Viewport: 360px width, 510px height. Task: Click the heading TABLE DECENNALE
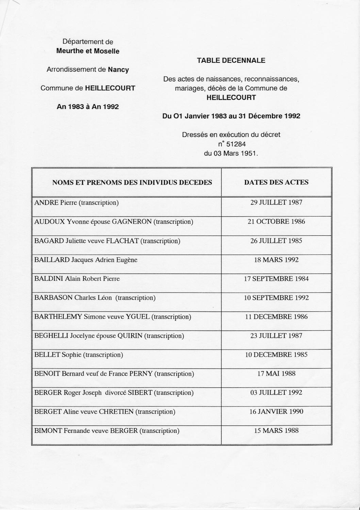pyautogui.click(x=231, y=61)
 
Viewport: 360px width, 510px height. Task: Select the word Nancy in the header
pyautogui.click(x=118, y=70)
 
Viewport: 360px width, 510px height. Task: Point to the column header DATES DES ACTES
pyautogui.click(x=276, y=182)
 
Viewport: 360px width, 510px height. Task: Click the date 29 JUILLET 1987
pyautogui.click(x=276, y=203)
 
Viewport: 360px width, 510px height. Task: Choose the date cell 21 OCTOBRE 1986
pyautogui.click(x=276, y=222)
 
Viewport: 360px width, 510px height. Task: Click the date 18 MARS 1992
pyautogui.click(x=276, y=260)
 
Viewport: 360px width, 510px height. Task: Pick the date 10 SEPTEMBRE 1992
pyautogui.click(x=276, y=298)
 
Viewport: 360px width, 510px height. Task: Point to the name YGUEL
pyautogui.click(x=138, y=317)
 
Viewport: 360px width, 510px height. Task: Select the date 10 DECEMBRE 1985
pyautogui.click(x=276, y=355)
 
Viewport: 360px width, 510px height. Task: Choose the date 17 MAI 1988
pyautogui.click(x=276, y=374)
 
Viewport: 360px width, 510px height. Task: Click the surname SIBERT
pyautogui.click(x=140, y=393)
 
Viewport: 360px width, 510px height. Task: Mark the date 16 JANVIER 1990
pyautogui.click(x=276, y=412)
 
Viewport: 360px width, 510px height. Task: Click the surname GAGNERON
pyautogui.click(x=132, y=222)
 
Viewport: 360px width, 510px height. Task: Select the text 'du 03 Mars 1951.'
pyautogui.click(x=231, y=153)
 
